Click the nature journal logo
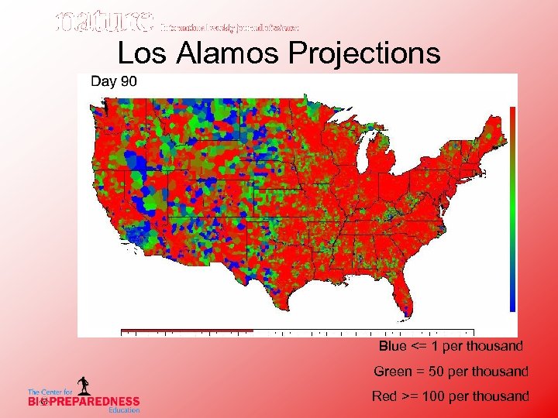104,22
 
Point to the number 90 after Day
128,81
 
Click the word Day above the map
104,81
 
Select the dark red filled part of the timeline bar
187,331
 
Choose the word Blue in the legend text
394,346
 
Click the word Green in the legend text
392,372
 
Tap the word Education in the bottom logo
124,410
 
